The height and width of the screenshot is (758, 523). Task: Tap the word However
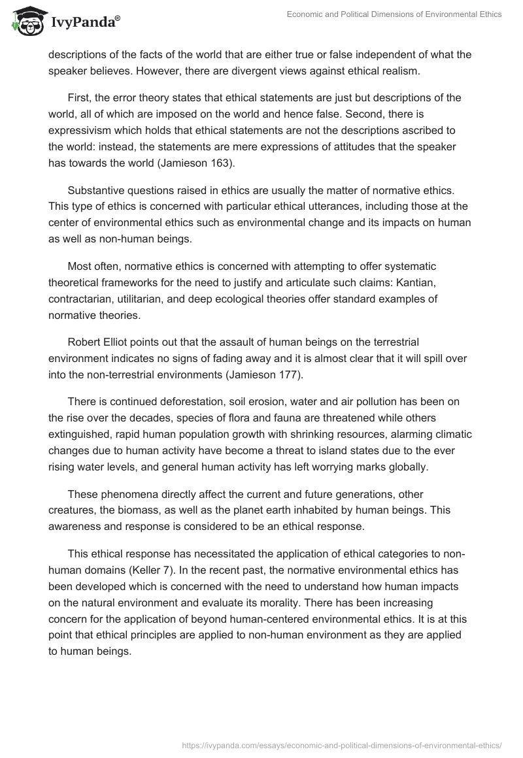[x=160, y=71]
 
